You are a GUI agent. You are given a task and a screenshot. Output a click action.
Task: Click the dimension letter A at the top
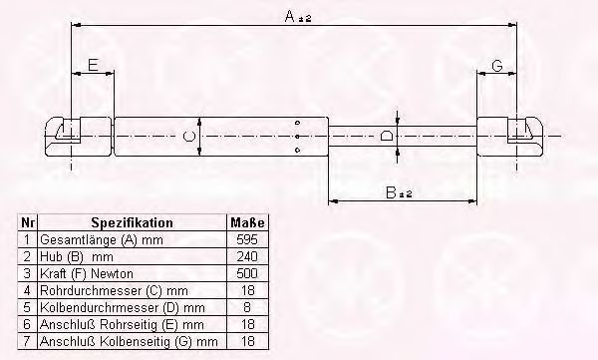click(x=290, y=16)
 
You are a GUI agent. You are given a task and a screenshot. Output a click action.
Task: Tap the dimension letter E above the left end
click(x=93, y=65)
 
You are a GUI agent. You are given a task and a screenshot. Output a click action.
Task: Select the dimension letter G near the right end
click(x=497, y=66)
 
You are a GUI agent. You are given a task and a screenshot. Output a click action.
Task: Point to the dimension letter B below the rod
click(x=392, y=192)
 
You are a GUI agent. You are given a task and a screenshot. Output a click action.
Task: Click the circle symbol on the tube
click(x=188, y=136)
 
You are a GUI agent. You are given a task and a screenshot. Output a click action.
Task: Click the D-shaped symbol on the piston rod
click(x=386, y=136)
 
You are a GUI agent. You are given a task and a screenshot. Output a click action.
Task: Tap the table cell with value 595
click(x=247, y=239)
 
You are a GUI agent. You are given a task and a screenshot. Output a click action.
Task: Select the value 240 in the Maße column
click(x=247, y=256)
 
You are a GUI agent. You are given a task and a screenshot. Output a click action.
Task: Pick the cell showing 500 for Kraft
click(x=247, y=273)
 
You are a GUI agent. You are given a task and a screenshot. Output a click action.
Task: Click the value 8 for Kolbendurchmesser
click(x=247, y=307)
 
